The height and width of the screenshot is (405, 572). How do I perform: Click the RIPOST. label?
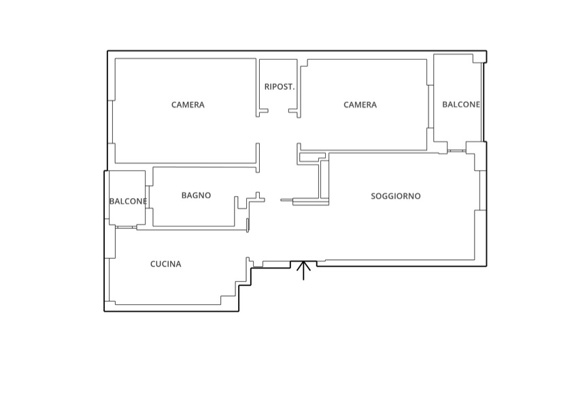click(280, 87)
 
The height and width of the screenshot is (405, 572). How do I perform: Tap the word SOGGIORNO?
click(396, 196)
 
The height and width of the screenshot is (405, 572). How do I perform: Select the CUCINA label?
click(166, 264)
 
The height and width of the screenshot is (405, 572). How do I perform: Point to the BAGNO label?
click(197, 195)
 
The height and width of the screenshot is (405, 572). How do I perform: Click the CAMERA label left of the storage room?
click(188, 105)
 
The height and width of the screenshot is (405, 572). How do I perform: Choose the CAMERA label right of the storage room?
click(360, 105)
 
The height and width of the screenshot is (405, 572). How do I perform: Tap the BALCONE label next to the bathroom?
click(128, 201)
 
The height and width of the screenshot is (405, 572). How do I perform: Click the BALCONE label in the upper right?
click(461, 104)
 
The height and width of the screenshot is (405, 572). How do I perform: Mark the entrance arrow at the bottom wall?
click(303, 271)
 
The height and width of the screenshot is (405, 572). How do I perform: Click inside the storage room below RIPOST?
click(278, 101)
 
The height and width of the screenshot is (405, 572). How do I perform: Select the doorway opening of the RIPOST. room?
click(278, 111)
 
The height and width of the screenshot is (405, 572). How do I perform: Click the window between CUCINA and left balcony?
click(126, 227)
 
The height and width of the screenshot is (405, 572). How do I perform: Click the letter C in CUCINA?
click(153, 264)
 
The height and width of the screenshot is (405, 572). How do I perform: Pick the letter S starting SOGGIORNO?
click(373, 196)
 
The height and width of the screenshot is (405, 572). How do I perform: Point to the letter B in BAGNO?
click(184, 195)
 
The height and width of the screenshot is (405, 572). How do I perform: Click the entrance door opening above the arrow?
click(303, 261)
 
